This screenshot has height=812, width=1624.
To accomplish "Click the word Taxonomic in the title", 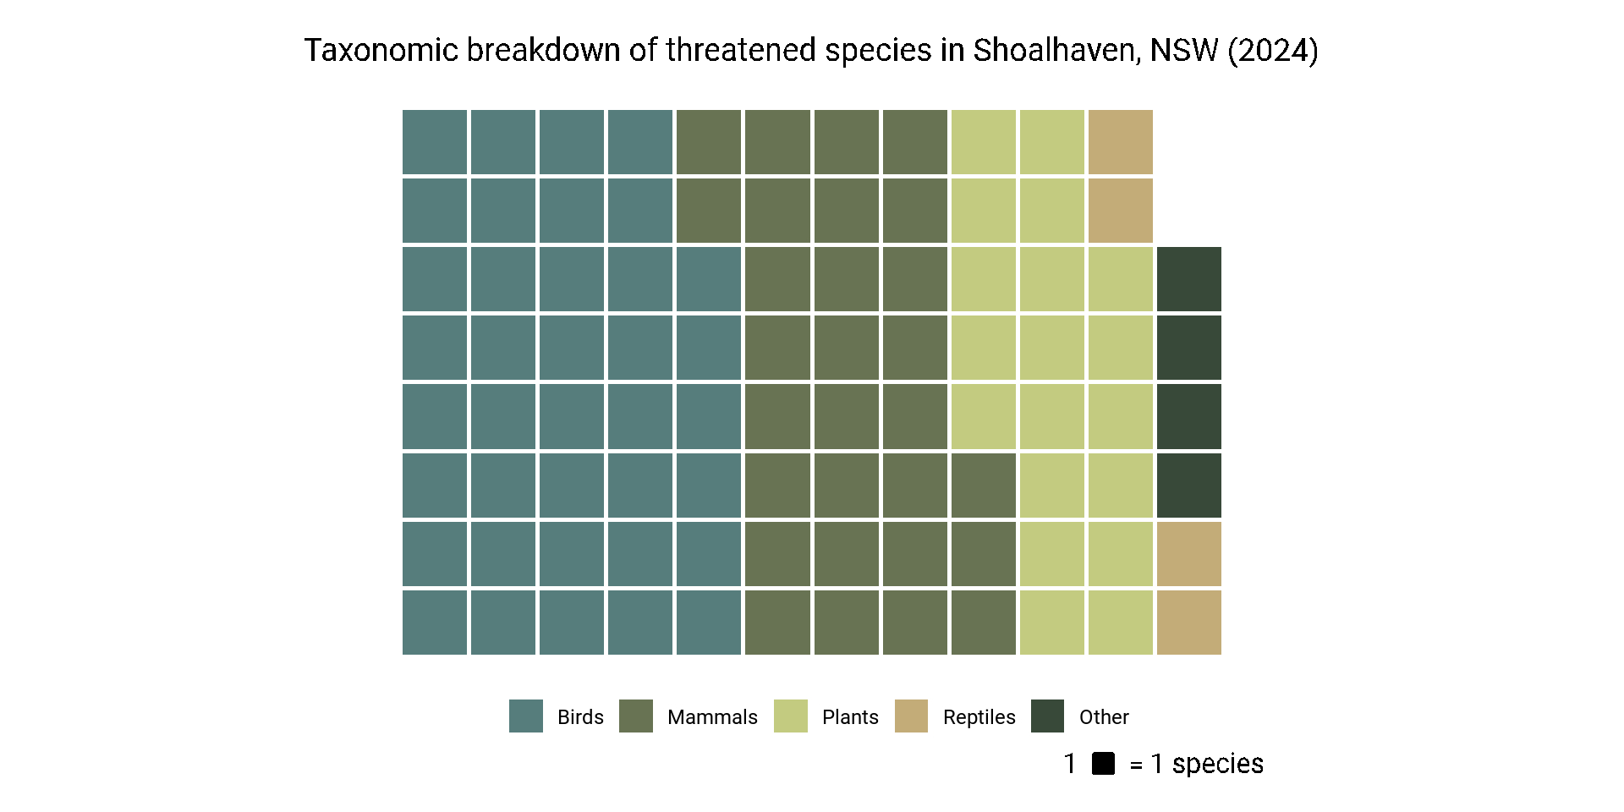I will click(x=381, y=51).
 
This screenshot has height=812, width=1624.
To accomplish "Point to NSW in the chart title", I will click(x=1183, y=51).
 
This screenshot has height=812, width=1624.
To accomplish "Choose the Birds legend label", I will click(x=580, y=717).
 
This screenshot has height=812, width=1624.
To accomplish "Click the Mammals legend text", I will click(x=712, y=717).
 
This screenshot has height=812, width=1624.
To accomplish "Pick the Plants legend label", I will click(x=850, y=717).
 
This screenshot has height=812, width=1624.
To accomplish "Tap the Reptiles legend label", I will click(x=979, y=717).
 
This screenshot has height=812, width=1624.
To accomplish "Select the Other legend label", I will click(x=1104, y=717).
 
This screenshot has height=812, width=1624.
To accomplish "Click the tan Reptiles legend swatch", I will click(x=911, y=716).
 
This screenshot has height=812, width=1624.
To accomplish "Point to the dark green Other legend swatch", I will click(x=1047, y=716).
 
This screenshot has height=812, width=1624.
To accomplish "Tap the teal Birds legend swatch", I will click(x=525, y=716).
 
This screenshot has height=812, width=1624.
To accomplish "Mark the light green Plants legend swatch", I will click(x=790, y=716).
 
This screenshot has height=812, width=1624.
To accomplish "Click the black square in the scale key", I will click(x=1103, y=764).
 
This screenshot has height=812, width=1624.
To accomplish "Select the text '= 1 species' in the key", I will click(x=1196, y=764).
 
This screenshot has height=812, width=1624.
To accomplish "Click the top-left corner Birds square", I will click(x=435, y=142).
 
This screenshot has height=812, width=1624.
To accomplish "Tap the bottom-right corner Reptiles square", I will click(x=1188, y=623).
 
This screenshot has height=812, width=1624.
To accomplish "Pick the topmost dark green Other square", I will click(x=1188, y=279).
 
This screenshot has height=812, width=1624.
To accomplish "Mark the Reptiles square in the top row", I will click(x=1120, y=142).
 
